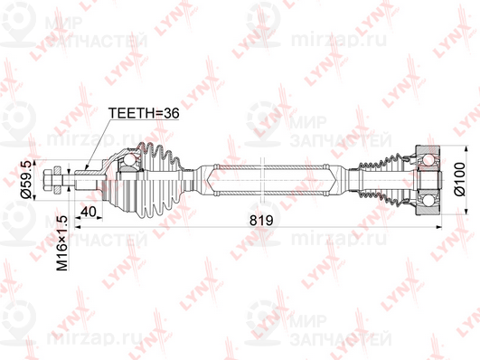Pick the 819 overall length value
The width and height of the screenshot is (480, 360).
[260, 219]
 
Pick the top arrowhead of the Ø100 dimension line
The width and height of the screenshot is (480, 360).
[446, 145]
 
